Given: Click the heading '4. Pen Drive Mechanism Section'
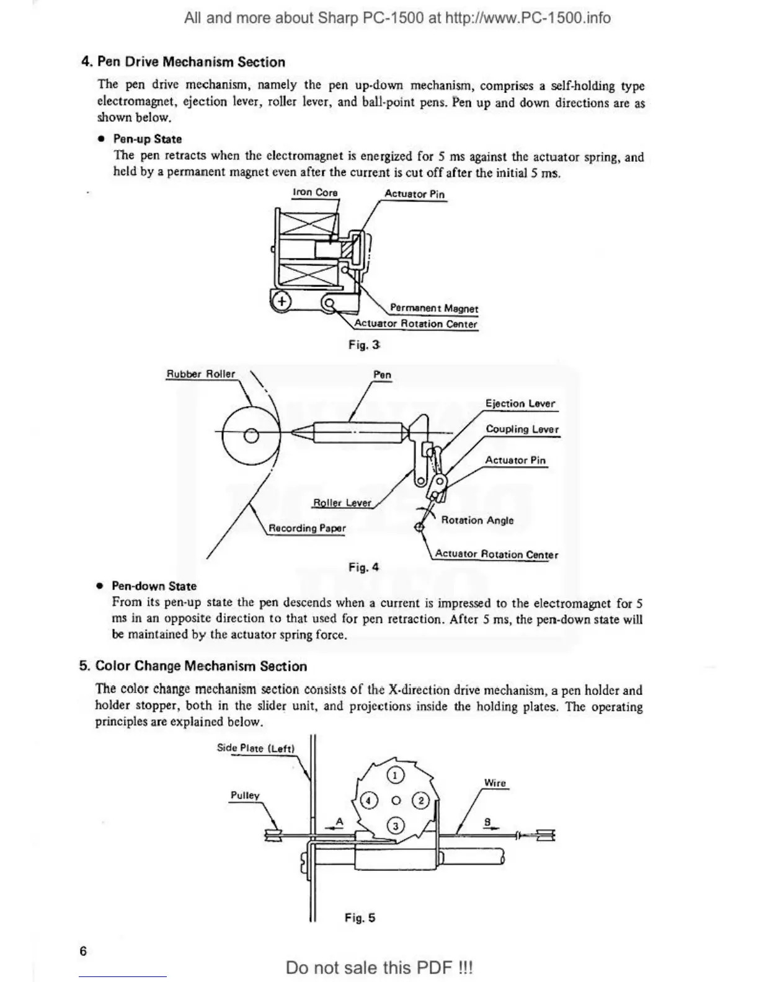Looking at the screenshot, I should [183, 62].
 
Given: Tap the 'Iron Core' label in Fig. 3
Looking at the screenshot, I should [315, 192].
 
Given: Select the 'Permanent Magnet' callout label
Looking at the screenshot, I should [433, 308].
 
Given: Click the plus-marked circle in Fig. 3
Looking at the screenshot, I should [282, 302].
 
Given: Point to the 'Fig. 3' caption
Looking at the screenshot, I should [364, 345].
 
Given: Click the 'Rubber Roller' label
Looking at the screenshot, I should [200, 374].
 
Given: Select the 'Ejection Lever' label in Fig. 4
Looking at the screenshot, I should [520, 404].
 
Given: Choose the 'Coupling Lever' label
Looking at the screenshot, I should [522, 429].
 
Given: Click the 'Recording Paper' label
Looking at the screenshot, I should [307, 528].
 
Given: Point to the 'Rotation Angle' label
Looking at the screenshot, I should [477, 520].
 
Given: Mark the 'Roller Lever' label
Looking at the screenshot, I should [342, 503].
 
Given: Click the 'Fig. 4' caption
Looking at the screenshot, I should [363, 567].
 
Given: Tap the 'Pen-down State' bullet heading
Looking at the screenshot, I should [154, 586].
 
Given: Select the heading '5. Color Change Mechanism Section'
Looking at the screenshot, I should [193, 666].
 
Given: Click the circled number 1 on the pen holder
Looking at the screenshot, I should [396, 776].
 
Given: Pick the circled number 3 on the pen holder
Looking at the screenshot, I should [396, 826].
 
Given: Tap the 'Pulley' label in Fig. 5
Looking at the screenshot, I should [245, 795].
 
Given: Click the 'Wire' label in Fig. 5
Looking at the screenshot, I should [495, 783].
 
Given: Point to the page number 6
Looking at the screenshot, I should [83, 951].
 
